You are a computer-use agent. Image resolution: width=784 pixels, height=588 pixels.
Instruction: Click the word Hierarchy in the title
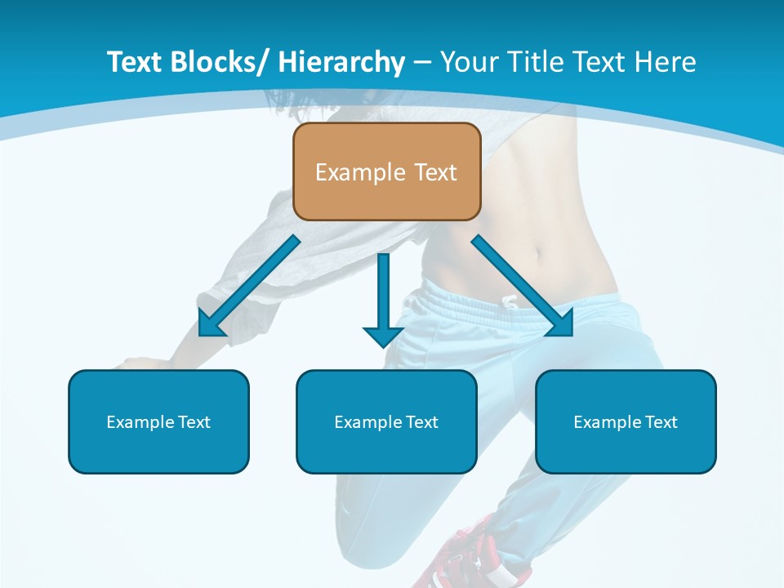pos(341,62)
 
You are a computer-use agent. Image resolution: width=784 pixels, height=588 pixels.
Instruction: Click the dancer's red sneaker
pos(465,555)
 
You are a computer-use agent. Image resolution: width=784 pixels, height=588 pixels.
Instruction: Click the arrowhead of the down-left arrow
pos(211,324)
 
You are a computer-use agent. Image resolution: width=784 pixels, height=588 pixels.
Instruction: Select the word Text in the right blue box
pos(661,422)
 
